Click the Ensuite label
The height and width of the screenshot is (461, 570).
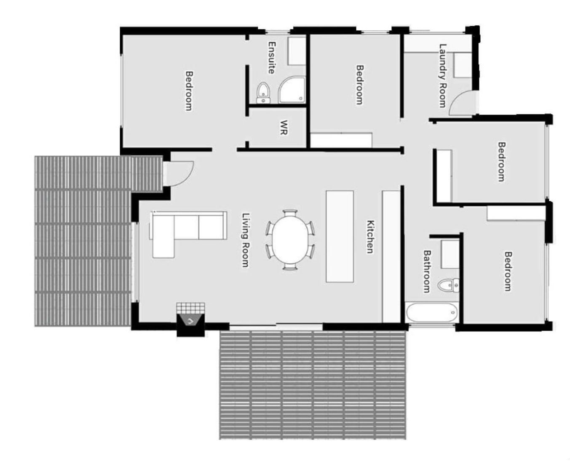[x=271, y=58]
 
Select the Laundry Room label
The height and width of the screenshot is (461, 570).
[x=443, y=76]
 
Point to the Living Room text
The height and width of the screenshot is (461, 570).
[x=245, y=240]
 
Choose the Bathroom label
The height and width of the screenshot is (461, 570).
[x=427, y=271]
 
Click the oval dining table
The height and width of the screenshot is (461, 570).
[x=290, y=240]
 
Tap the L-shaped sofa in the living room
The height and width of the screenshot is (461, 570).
[x=188, y=230]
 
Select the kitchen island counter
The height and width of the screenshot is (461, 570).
[x=340, y=236]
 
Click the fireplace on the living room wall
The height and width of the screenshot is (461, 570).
[x=190, y=324]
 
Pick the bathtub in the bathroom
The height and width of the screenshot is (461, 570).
[x=431, y=312]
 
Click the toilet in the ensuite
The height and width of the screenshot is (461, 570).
[x=264, y=93]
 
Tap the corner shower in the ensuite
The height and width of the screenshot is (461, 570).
[x=292, y=90]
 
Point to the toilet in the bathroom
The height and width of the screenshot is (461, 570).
[x=449, y=285]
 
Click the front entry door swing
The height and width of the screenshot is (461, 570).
[x=179, y=173]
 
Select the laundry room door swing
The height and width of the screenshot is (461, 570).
[x=461, y=103]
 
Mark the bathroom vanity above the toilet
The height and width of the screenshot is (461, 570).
[x=450, y=254]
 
